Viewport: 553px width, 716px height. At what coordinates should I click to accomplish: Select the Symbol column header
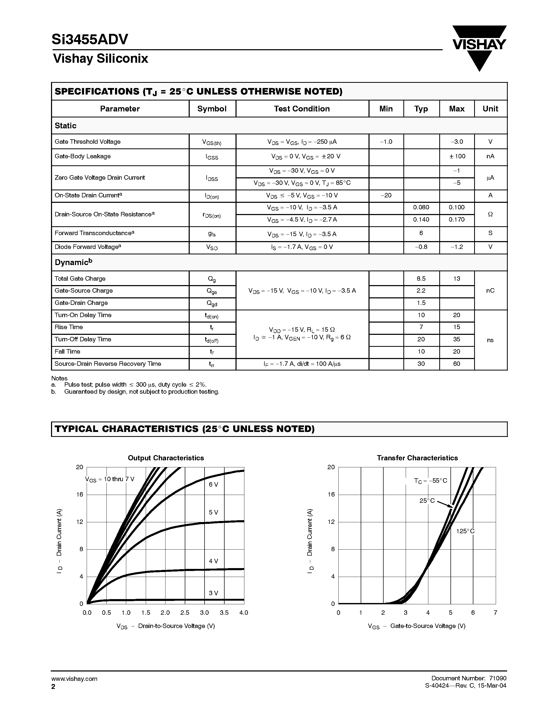pos(212,109)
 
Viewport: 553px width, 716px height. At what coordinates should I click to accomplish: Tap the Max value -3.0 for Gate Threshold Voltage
pos(457,142)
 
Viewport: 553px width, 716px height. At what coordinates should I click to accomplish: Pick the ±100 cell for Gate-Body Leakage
pos(457,156)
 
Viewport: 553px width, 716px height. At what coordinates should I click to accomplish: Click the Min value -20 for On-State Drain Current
pos(386,195)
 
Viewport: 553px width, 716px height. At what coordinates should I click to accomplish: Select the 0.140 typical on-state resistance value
pos(421,220)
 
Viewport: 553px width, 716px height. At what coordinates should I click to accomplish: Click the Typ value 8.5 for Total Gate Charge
pos(421,279)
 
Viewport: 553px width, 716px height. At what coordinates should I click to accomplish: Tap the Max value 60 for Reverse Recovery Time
pos(457,364)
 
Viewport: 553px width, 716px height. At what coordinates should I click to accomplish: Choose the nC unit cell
pos(490,291)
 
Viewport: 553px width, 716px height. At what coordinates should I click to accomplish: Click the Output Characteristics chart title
pos(166,458)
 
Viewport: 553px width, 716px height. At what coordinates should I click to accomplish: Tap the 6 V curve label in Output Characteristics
pos(213,485)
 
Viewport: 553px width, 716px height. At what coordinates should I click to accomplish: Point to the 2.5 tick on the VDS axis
pos(185,613)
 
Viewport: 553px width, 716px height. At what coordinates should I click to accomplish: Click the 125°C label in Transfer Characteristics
pos(465,531)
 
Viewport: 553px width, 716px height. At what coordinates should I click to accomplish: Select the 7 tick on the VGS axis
pos(495,613)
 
